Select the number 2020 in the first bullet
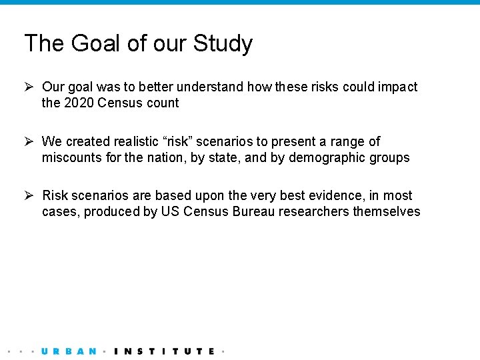[79, 103]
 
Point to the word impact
[399, 87]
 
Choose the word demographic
[331, 157]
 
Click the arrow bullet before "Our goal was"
[29, 87]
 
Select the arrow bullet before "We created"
[29, 141]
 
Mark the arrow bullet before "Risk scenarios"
[29, 195]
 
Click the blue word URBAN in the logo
[69, 351]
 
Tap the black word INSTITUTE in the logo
[164, 351]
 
